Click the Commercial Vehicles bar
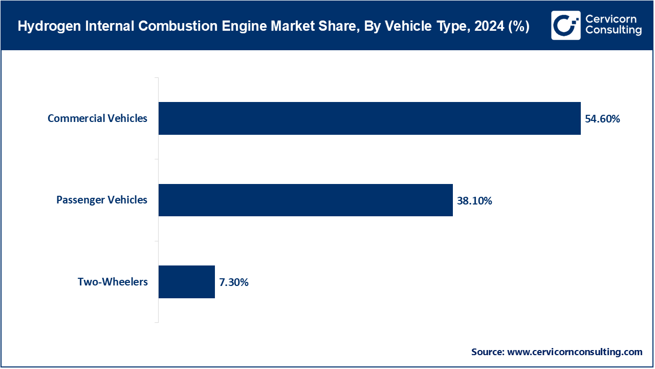[369, 118]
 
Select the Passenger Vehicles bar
[305, 200]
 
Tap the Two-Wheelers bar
[187, 282]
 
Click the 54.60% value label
[602, 119]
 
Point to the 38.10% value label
[474, 201]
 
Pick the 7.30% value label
[233, 282]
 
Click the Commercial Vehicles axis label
[97, 118]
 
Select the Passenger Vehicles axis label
[101, 200]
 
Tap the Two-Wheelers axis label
[113, 282]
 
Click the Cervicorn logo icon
[566, 25]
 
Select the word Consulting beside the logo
[613, 31]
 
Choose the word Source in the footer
[487, 352]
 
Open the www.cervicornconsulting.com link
[574, 352]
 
